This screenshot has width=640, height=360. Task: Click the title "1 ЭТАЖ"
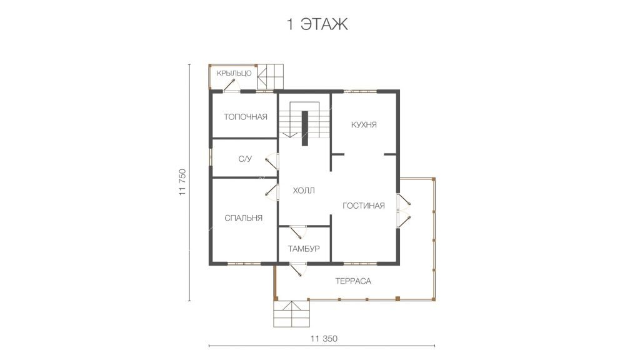pyautogui.click(x=317, y=24)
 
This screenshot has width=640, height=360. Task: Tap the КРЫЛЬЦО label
pyautogui.click(x=234, y=74)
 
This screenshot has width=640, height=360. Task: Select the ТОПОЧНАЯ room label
pyautogui.click(x=245, y=117)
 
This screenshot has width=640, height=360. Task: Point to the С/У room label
pyautogui.click(x=245, y=159)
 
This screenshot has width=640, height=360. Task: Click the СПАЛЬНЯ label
pyautogui.click(x=243, y=218)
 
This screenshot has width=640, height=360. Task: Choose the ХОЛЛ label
pyautogui.click(x=304, y=191)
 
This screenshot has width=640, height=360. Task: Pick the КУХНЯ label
pyautogui.click(x=364, y=125)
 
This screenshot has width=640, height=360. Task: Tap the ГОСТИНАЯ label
pyautogui.click(x=363, y=206)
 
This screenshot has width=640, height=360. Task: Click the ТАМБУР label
pyautogui.click(x=303, y=249)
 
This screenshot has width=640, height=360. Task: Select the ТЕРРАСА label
pyautogui.click(x=353, y=281)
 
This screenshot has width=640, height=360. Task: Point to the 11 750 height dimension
pyautogui.click(x=182, y=182)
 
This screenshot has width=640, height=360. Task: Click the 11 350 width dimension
pyautogui.click(x=324, y=339)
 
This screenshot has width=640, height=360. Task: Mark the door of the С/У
pyautogui.click(x=272, y=161)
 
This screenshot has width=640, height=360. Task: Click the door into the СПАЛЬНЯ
pyautogui.click(x=272, y=192)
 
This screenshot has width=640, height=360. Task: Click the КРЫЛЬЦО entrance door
pyautogui.click(x=231, y=86)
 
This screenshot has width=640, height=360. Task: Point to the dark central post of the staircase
pyautogui.click(x=304, y=128)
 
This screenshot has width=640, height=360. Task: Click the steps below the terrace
pyautogui.click(x=291, y=314)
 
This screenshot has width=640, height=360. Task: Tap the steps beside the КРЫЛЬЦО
pyautogui.click(x=270, y=77)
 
